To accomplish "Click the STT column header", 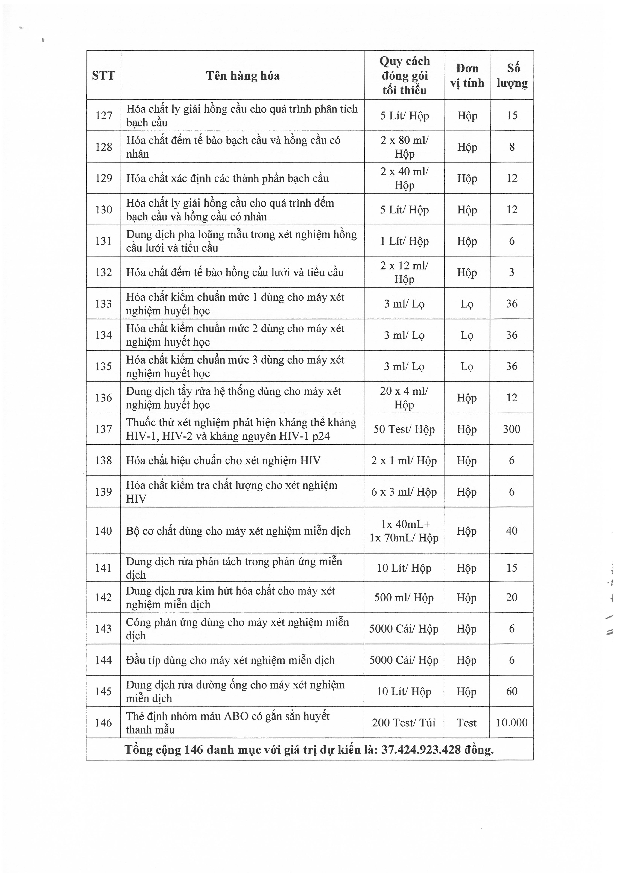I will (x=103, y=75).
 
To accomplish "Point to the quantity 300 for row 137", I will (x=511, y=429).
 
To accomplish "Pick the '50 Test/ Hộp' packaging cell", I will (x=404, y=429).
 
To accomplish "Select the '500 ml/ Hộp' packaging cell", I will (x=404, y=597).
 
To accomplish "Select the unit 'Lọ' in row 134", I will (x=467, y=335).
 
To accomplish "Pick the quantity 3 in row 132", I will (x=511, y=272).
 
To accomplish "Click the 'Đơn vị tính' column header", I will (x=467, y=75).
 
